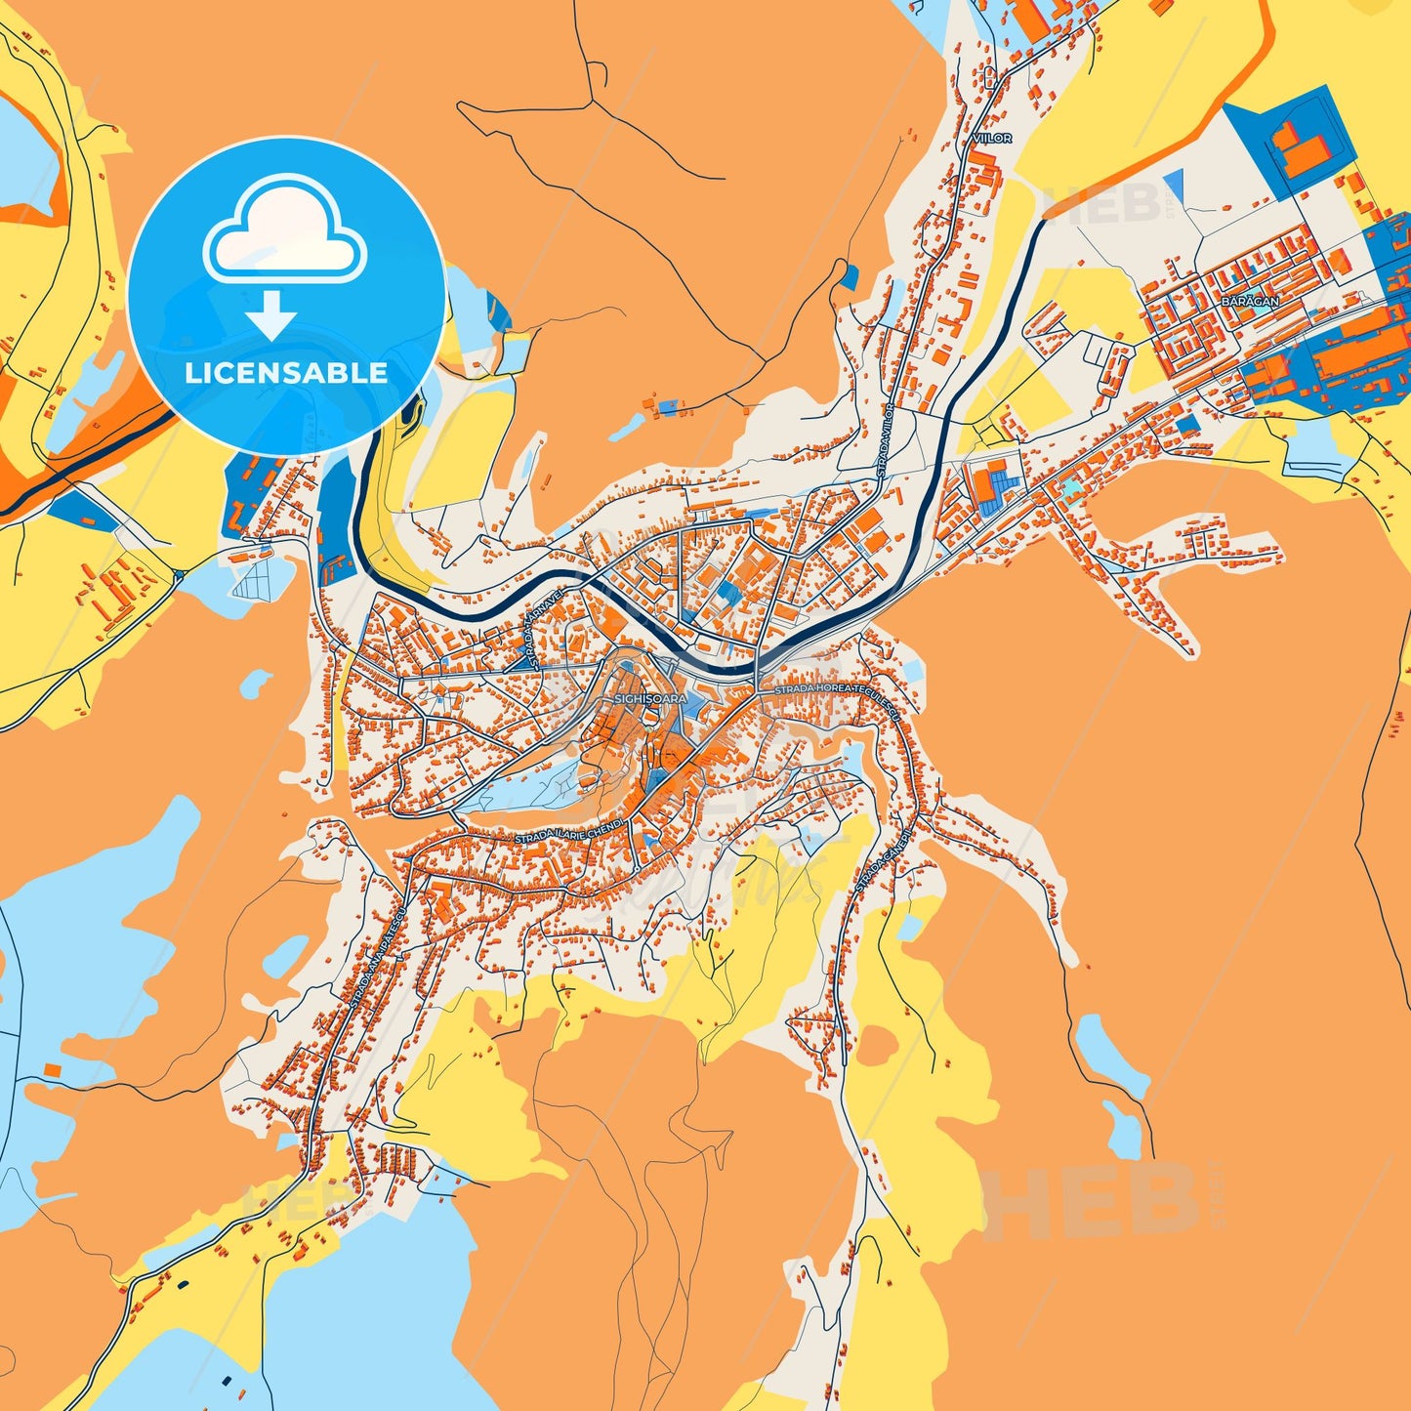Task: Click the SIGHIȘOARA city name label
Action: click(650, 699)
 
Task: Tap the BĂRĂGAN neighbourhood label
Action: click(1249, 302)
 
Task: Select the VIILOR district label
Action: click(992, 139)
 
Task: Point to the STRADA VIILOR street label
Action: click(886, 438)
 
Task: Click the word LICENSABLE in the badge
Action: click(286, 373)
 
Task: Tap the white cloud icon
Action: click(284, 230)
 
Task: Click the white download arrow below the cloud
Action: click(271, 314)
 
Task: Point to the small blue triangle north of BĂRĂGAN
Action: click(1175, 185)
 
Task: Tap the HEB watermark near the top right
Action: click(1103, 202)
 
